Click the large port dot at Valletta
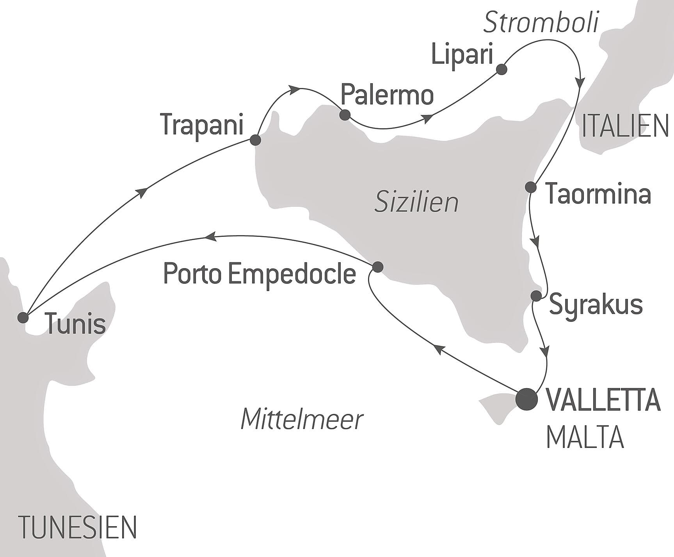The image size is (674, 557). point(526,399)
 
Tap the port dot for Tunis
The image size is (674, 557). point(23,317)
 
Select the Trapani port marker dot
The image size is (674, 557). point(255,140)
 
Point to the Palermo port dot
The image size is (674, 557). point(345,115)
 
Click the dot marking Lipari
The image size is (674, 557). point(501,70)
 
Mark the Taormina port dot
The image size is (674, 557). point(531,187)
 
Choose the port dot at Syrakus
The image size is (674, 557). point(536,296)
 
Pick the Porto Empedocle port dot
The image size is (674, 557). point(378,267)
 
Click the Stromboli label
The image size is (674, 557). point(541,23)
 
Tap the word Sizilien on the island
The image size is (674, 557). point(416,203)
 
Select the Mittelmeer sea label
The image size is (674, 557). point(302,419)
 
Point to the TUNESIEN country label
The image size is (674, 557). point(78,527)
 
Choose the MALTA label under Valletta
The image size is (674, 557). point(585,437)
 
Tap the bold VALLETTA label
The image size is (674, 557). point(603,400)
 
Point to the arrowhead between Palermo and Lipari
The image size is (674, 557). point(429,118)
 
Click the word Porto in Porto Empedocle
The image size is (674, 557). point(192,273)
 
